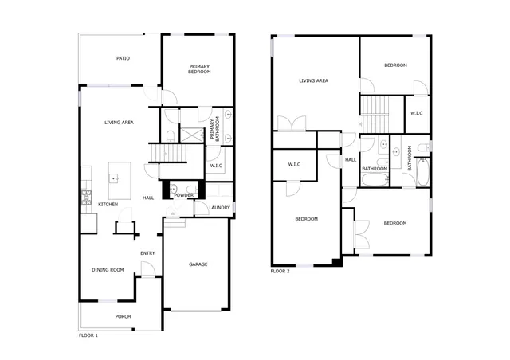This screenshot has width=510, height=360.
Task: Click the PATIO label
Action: (123, 58)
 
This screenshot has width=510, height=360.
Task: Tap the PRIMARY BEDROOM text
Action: (199, 69)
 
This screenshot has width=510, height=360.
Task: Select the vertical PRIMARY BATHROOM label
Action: (213, 130)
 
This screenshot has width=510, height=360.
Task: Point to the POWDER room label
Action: (184, 195)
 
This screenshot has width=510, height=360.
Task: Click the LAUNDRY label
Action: (219, 208)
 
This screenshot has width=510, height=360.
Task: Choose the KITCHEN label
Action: (108, 205)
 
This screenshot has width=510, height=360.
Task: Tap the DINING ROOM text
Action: (108, 270)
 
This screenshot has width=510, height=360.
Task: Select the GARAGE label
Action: (198, 264)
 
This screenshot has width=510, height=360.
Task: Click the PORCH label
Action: (123, 316)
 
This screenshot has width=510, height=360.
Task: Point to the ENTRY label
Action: (147, 253)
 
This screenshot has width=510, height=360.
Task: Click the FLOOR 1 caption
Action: (88, 335)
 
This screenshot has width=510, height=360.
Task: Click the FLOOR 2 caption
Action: (280, 272)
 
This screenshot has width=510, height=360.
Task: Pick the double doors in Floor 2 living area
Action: (292, 123)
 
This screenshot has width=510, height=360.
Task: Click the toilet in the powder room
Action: (174, 190)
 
